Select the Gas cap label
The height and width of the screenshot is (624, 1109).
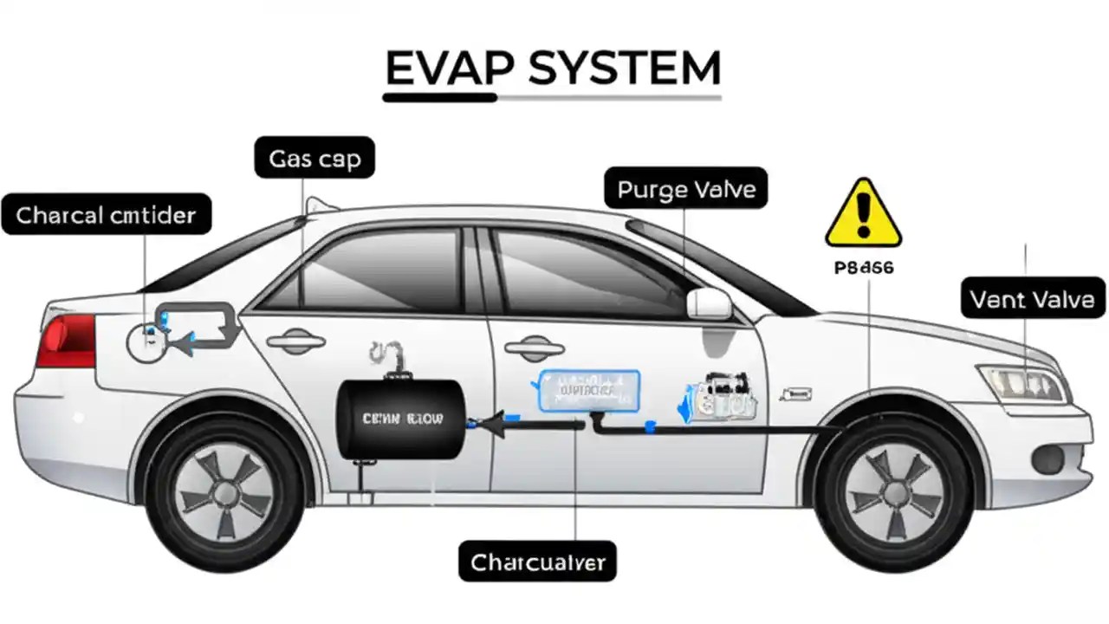[x=315, y=159]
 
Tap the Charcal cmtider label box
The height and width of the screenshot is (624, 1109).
[x=106, y=214]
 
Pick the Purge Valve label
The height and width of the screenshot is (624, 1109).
[x=686, y=188]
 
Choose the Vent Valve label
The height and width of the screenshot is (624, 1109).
[x=1032, y=300]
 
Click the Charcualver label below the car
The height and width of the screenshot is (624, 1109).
[x=537, y=562]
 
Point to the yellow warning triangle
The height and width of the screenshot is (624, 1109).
[x=863, y=214]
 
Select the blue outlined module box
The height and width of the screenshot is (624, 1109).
[x=589, y=390]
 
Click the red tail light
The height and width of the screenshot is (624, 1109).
[x=67, y=340]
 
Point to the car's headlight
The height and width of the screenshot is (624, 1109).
[x=1023, y=382]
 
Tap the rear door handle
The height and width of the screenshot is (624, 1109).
[x=295, y=341]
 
